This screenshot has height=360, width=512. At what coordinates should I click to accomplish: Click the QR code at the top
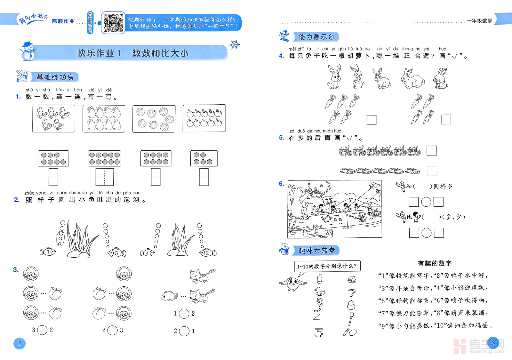click(x=113, y=23)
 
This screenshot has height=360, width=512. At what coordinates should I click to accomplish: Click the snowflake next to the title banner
click(x=234, y=44)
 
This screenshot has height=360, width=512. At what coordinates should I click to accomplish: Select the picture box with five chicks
click(x=54, y=118)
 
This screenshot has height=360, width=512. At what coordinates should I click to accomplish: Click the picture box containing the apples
click(x=204, y=118)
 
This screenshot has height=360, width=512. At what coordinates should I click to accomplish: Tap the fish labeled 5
click(x=116, y=253)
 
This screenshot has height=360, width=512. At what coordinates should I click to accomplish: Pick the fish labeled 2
click(x=208, y=252)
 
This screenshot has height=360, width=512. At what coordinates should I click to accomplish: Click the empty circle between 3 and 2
click(x=42, y=330)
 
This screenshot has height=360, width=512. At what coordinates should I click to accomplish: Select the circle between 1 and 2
click(x=184, y=314)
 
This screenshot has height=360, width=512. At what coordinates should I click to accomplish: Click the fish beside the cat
click(x=169, y=296)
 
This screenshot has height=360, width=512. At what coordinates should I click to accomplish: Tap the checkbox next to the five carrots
click(x=372, y=120)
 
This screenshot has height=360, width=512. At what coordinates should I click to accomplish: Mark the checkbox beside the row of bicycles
click(x=432, y=151)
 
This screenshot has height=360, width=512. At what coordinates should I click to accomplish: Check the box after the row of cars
click(x=432, y=171)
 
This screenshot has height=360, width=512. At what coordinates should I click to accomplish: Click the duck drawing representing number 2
click(x=319, y=292)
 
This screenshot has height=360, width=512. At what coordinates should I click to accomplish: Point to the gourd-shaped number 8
click(x=351, y=305)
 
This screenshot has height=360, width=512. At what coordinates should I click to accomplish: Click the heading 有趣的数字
click(x=435, y=263)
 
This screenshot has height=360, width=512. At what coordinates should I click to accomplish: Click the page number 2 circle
click(x=20, y=343)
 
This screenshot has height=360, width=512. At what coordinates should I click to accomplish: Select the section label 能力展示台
click(x=316, y=37)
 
